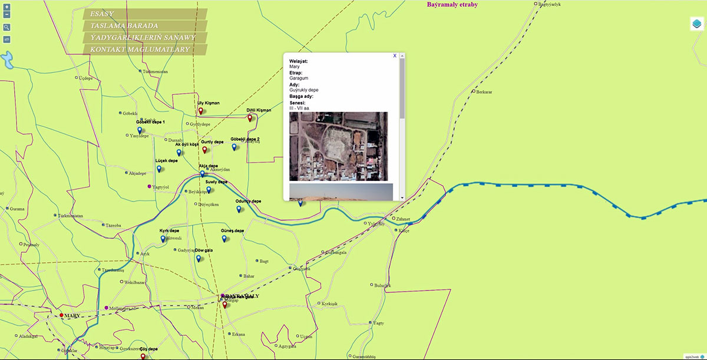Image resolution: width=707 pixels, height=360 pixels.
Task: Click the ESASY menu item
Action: [144, 14]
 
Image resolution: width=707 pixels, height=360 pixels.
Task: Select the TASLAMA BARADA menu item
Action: [144, 26]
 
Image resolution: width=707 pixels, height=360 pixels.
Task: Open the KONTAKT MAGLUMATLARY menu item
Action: [144, 49]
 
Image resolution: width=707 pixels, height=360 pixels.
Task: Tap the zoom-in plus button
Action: [6, 7]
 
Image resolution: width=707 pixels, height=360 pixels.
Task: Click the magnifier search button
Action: [6, 27]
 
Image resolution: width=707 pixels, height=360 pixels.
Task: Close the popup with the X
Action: [395, 55]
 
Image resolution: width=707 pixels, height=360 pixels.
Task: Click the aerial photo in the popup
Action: [338, 146]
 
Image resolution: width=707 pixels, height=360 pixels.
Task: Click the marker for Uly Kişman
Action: [200, 111]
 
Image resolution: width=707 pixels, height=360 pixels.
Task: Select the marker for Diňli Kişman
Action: [250, 118]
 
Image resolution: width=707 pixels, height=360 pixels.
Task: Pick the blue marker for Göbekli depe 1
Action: [140, 130]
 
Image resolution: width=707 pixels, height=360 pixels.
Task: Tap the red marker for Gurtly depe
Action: [205, 150]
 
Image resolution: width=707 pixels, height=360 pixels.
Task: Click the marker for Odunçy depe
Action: [239, 209]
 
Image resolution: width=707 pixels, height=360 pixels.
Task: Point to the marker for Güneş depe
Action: [224, 238]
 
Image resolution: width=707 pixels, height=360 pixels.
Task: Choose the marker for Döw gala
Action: [199, 258]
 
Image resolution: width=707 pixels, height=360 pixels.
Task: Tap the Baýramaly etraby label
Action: [452, 5]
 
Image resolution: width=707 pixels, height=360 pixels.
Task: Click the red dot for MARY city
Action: [61, 316]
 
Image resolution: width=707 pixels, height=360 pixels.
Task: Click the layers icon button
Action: [696, 24]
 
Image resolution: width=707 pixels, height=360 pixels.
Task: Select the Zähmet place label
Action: [403, 219]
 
